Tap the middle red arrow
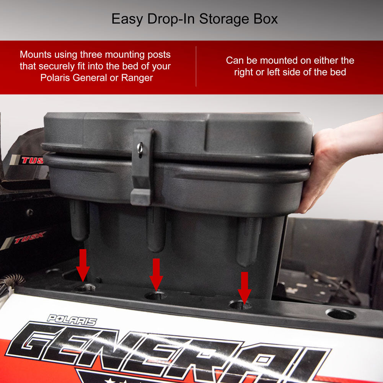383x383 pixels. [156, 274]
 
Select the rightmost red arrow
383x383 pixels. [244, 287]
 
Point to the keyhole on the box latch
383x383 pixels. [140, 147]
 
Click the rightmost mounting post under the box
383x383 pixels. [248, 241]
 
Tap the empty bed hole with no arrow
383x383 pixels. [340, 314]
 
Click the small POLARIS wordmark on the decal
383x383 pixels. [72, 320]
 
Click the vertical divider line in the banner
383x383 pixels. [196, 66]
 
